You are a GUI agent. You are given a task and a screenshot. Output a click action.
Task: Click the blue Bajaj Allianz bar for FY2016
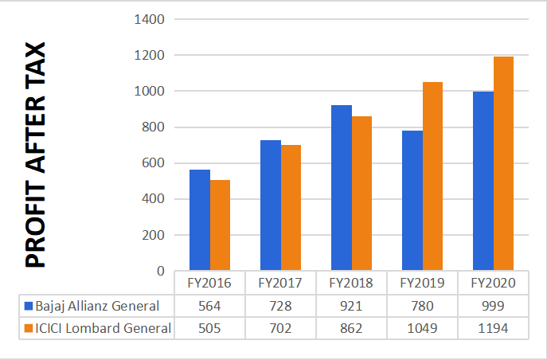(x=199, y=221)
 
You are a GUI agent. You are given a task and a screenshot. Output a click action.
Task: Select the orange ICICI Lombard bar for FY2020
(x=504, y=164)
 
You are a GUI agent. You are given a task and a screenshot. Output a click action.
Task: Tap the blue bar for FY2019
(x=412, y=201)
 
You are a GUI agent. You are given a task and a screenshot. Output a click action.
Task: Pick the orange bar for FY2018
(x=361, y=194)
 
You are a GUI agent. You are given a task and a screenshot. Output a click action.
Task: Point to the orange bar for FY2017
(x=291, y=208)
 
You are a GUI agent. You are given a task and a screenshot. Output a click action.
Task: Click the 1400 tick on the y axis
(x=150, y=19)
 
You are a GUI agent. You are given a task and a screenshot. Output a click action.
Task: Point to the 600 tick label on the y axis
(x=154, y=163)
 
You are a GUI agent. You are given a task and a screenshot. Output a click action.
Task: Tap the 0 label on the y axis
(x=160, y=271)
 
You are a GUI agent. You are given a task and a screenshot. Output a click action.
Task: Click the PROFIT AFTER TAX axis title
(x=36, y=155)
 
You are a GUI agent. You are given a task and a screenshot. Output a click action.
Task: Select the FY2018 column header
(x=351, y=283)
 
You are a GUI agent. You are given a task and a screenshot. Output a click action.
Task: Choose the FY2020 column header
(x=493, y=283)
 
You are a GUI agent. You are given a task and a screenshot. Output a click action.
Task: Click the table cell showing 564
(x=209, y=306)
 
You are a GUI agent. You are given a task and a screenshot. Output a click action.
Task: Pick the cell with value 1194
(x=493, y=327)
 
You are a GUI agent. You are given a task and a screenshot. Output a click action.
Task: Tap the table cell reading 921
(x=351, y=306)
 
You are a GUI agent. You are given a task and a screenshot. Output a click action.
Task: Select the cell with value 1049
(x=422, y=327)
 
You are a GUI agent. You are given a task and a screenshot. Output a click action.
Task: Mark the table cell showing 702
(x=280, y=327)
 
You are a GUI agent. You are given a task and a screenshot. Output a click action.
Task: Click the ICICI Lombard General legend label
(x=103, y=327)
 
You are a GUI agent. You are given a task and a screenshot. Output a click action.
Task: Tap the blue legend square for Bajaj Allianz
(x=29, y=306)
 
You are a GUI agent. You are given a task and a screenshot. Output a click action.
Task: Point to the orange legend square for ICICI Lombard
(x=29, y=327)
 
